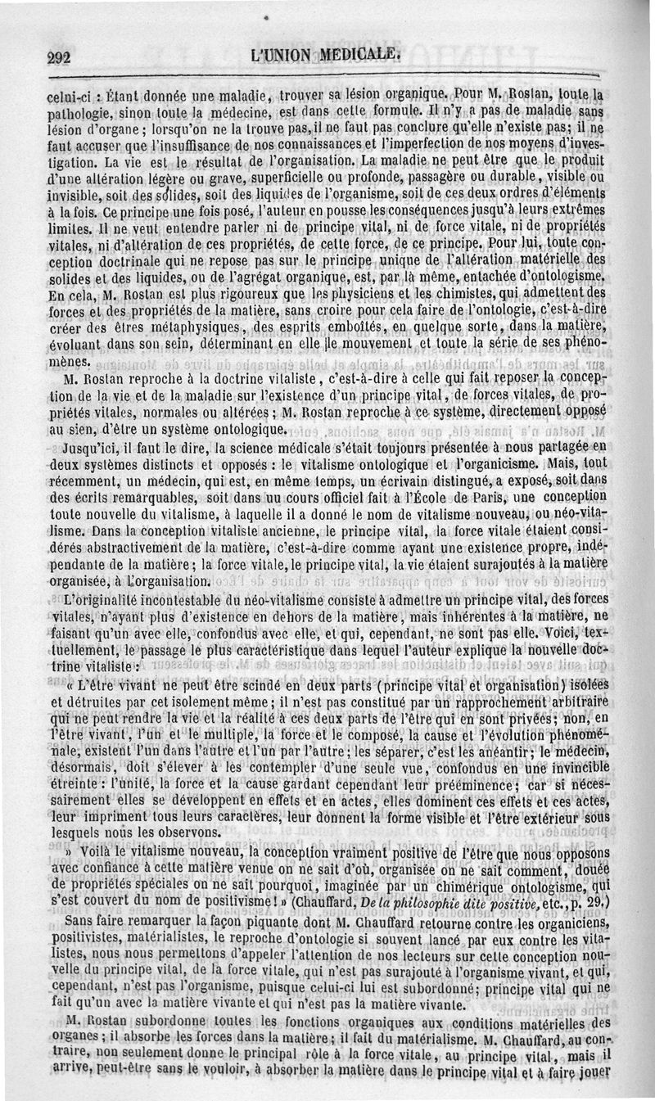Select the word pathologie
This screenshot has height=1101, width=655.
(x=77, y=112)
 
